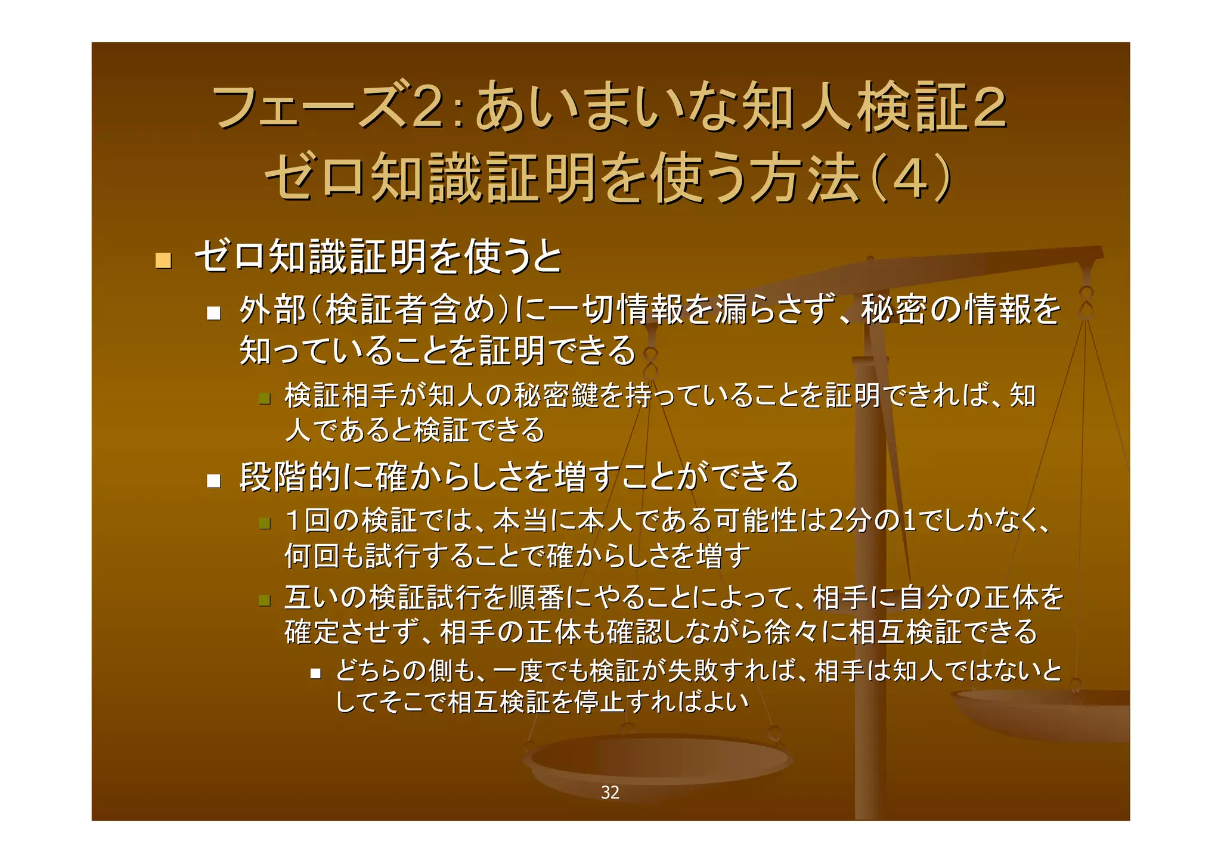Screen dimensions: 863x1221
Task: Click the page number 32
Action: coord(610,792)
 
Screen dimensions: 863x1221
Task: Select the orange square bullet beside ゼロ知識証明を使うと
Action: coord(163,260)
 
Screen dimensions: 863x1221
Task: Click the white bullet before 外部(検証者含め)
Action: coord(213,313)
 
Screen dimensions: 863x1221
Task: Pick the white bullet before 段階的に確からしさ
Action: coord(213,480)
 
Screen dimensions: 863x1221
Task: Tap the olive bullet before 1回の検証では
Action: coord(265,524)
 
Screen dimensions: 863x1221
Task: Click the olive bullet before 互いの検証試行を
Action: coord(265,600)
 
